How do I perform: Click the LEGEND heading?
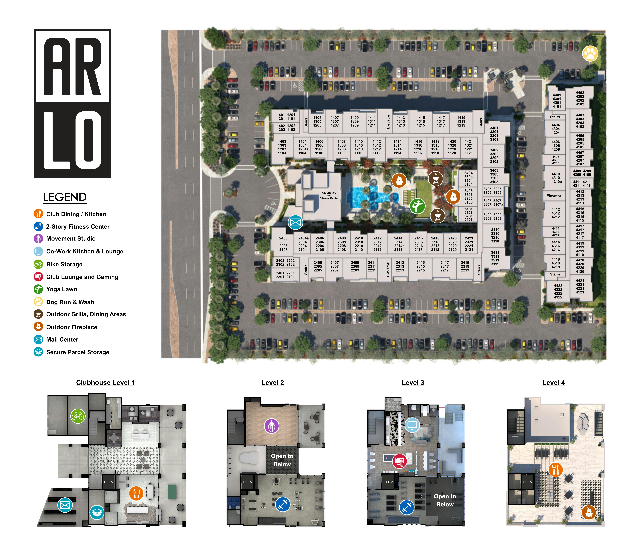point(65,197)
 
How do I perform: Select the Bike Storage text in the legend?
point(64,264)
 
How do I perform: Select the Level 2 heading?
point(273,383)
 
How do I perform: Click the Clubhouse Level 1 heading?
point(105,383)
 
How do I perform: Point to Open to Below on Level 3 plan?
point(445,500)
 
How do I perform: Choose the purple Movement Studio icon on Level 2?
point(272,426)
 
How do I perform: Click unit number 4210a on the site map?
point(557,182)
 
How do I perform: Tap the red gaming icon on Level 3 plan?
point(400,461)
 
